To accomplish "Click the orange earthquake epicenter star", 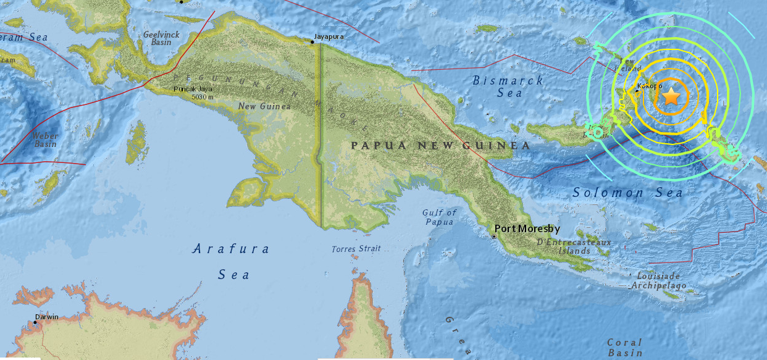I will point(671,96).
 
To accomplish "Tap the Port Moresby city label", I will point(527,228).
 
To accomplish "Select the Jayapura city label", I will point(329,37).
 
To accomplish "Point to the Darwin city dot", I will point(35,324).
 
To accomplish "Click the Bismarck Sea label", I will point(508,86).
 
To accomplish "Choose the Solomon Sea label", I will point(627,193).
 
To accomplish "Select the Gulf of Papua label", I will point(438,217).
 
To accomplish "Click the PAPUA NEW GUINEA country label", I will point(440,146).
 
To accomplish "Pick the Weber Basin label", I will point(46,140).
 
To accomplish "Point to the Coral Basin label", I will point(624,347).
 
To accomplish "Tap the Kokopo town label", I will point(646,86).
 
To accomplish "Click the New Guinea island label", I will point(264,107).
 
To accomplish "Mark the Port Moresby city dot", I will point(493,236).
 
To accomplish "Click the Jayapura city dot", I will point(312,42).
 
